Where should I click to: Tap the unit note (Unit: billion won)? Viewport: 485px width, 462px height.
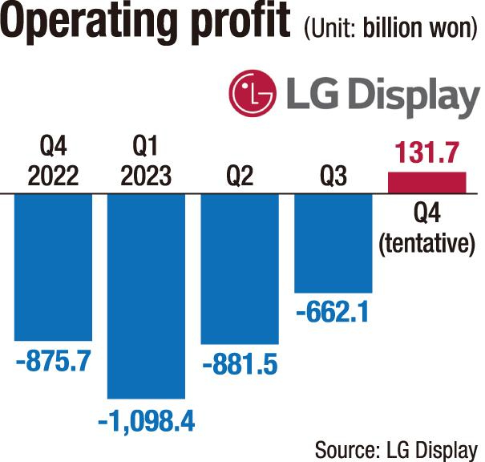(390, 30)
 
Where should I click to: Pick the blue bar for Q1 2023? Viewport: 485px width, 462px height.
(147, 297)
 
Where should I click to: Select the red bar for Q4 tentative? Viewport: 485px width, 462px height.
(426, 183)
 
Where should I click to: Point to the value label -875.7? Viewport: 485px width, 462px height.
(53, 362)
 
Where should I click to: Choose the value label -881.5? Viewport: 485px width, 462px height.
(240, 365)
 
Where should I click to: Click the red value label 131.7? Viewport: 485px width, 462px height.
(426, 152)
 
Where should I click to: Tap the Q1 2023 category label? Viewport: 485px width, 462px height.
(147, 162)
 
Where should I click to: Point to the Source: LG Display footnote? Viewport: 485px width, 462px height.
(396, 448)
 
